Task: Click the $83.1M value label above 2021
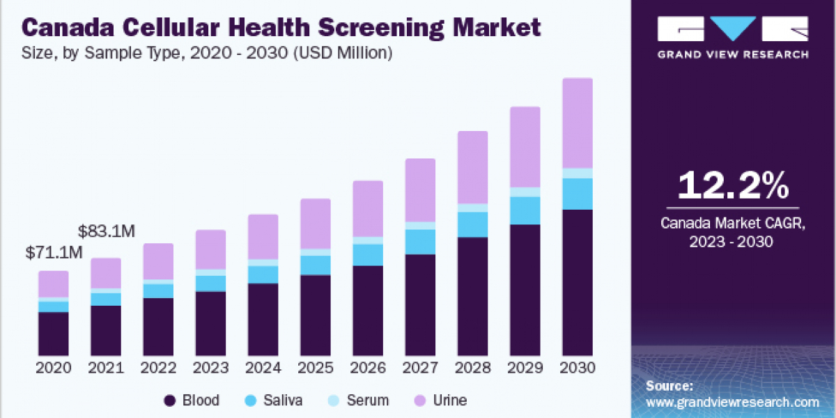(x=107, y=231)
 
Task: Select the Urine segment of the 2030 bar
(x=578, y=123)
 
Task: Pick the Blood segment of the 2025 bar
(x=316, y=315)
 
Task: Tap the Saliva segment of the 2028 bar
(x=472, y=224)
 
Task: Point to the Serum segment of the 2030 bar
(x=578, y=173)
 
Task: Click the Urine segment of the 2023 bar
(x=210, y=249)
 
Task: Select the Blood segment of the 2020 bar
(x=54, y=334)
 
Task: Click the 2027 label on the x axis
(x=420, y=368)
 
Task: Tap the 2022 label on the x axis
(x=158, y=368)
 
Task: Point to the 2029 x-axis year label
(x=525, y=368)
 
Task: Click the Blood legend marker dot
(x=169, y=401)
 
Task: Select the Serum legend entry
(x=359, y=401)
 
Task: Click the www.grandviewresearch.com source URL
(x=732, y=402)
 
